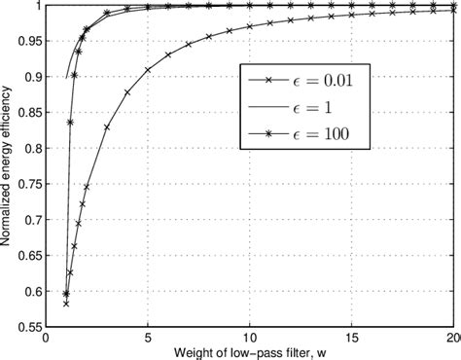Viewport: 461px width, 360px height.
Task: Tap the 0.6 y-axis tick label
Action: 32,292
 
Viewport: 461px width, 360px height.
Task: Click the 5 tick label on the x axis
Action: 147,340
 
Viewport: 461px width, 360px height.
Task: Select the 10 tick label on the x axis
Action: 249,340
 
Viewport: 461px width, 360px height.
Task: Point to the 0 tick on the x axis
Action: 46,340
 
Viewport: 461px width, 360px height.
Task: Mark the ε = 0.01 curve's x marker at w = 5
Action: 147,70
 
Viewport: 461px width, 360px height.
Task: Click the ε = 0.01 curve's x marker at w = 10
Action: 249,27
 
